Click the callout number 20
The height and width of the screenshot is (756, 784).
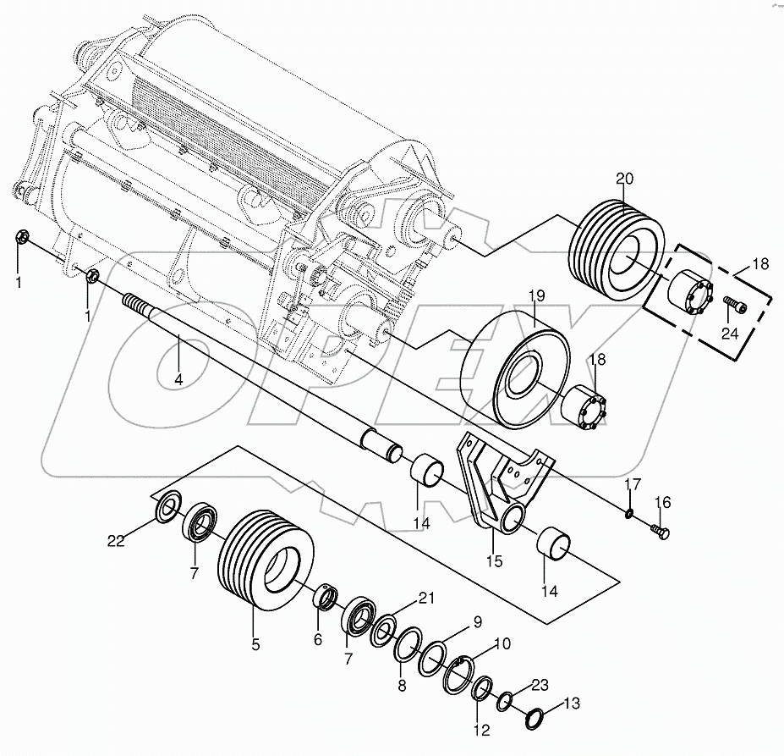point(624,179)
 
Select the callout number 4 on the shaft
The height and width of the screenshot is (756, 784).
point(178,381)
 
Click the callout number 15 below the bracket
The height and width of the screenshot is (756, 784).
point(494,560)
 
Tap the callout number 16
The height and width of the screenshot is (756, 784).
point(661,503)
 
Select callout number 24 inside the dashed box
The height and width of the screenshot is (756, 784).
point(730,334)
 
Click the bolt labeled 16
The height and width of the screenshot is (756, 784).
point(660,531)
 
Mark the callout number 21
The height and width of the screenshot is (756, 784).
point(425,599)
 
